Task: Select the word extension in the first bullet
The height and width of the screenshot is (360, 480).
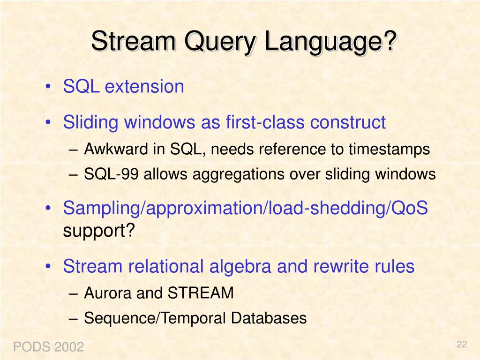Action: (x=144, y=86)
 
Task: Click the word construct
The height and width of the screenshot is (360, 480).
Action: (x=348, y=122)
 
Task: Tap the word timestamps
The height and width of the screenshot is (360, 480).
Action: (x=390, y=150)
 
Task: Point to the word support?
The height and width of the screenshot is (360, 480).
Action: (x=99, y=231)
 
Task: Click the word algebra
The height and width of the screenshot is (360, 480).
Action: (x=240, y=266)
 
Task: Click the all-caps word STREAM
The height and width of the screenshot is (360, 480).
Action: (x=201, y=292)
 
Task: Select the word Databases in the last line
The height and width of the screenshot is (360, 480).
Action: (x=269, y=318)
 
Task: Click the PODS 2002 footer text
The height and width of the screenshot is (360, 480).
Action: (x=48, y=347)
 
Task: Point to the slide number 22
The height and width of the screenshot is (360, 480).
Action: (x=462, y=345)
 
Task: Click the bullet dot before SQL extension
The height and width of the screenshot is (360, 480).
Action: (x=48, y=87)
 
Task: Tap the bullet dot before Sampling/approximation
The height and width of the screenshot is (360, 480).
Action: (x=48, y=209)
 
